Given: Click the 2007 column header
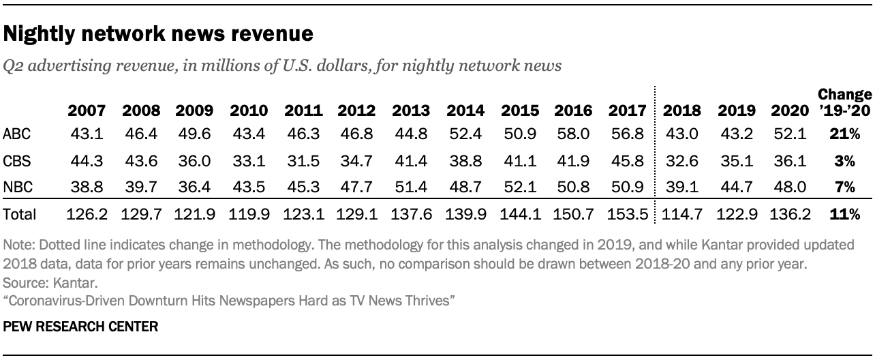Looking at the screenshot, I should coord(86,110).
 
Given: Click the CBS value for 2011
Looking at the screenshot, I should coord(303,162).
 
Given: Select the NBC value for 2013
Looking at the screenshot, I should coord(411,187).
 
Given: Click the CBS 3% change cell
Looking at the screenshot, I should coord(845,162).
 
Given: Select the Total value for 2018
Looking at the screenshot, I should coord(681,215).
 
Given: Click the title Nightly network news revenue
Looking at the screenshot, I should coord(158,33).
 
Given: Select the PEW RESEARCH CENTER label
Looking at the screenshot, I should coord(80,327).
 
